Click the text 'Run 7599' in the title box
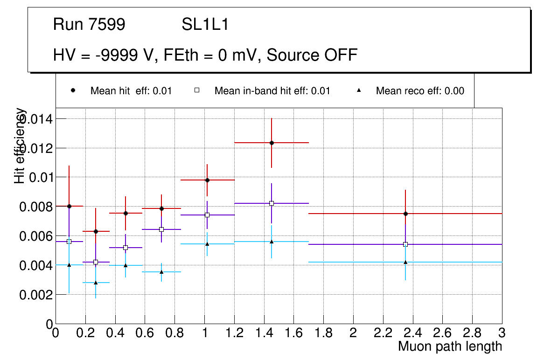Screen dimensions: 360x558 (89, 25)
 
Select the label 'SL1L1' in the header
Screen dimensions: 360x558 (205, 25)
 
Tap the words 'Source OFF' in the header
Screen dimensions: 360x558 (312, 55)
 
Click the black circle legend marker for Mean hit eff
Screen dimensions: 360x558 (73, 90)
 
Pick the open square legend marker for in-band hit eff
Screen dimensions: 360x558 (197, 90)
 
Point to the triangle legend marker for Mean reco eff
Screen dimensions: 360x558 (358, 90)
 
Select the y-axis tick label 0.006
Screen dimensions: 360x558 (35, 236)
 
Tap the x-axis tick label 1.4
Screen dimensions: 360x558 (264, 333)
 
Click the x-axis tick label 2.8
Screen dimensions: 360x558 (472, 333)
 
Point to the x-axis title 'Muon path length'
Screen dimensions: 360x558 (450, 346)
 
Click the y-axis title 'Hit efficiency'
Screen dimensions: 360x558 (20, 145)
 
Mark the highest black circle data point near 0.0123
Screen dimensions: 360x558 (272, 143)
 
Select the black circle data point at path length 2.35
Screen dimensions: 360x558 (405, 214)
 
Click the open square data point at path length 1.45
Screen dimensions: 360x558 (272, 203)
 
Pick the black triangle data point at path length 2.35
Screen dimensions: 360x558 (405, 262)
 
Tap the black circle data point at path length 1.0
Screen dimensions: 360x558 (207, 180)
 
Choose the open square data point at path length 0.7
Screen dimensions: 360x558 (161, 229)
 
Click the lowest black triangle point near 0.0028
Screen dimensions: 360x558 (96, 283)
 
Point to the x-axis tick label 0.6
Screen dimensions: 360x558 (145, 333)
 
